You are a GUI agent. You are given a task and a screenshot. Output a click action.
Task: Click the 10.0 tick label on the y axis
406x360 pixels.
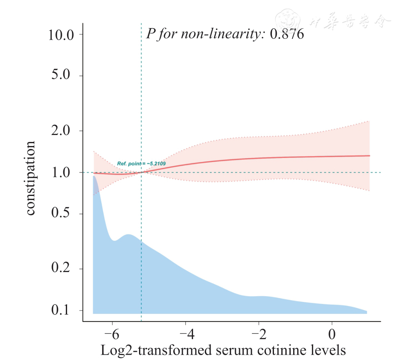61,34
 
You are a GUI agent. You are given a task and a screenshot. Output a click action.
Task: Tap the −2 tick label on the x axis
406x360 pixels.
258,335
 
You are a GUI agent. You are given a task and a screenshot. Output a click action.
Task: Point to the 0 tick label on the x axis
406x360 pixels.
332,335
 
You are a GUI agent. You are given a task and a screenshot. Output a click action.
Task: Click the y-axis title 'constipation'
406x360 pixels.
31,178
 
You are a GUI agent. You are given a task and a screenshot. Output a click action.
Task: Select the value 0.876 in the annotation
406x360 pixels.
287,34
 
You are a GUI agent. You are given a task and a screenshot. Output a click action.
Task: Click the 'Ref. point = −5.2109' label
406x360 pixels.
141,164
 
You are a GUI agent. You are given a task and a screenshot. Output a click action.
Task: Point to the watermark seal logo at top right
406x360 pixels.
287,20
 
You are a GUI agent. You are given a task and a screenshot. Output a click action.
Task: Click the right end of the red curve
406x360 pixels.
369,155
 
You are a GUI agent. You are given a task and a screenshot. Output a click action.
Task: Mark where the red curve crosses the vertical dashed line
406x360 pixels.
141,172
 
